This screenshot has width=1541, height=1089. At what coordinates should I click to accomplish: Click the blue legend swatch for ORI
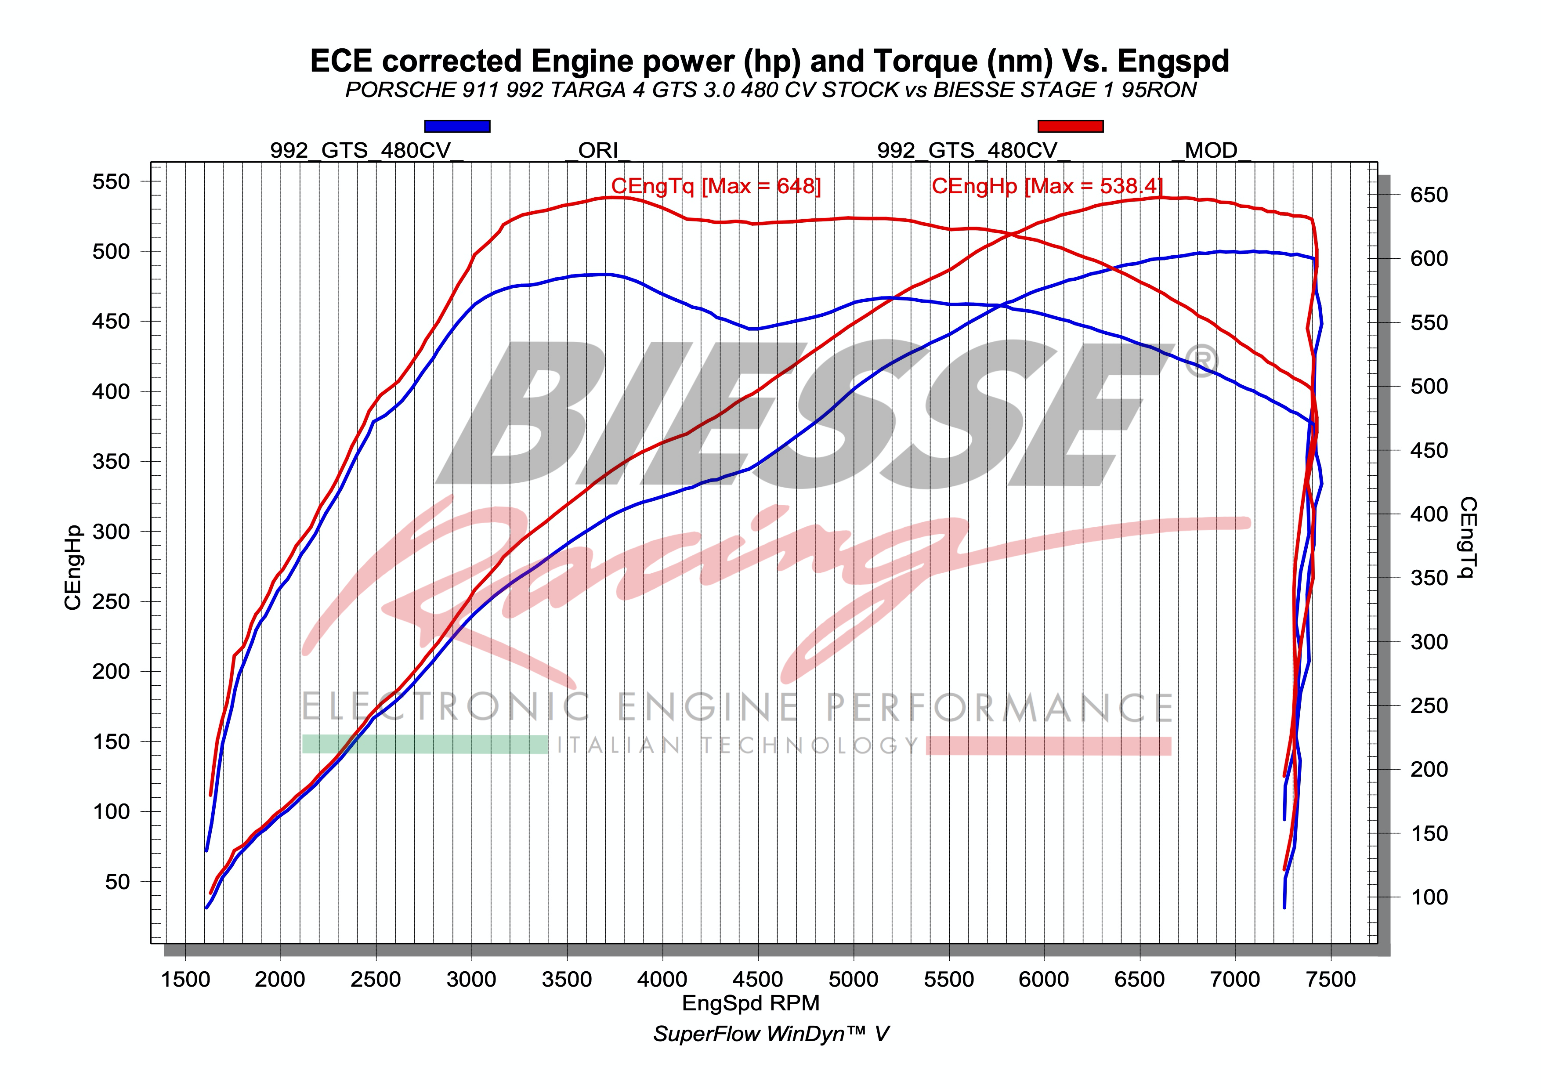457,126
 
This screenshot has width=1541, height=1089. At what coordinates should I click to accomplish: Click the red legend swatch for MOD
1070,126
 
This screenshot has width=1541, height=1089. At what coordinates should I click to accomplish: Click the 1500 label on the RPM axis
185,979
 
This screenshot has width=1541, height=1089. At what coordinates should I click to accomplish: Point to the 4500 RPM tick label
758,979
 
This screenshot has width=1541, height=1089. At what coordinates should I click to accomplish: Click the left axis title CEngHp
73,568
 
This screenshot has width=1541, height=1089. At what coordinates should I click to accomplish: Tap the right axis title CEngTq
1468,537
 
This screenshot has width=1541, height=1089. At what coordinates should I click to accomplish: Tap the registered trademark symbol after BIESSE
1199,363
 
